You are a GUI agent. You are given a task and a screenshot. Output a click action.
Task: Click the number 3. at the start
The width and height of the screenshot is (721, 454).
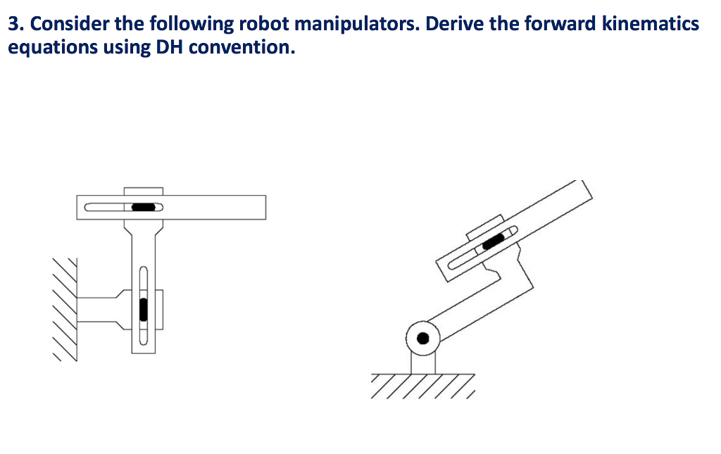point(15,25)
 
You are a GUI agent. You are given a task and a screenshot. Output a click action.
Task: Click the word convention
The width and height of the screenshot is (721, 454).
point(242,48)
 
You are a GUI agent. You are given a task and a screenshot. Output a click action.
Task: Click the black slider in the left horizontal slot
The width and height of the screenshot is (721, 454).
point(144,207)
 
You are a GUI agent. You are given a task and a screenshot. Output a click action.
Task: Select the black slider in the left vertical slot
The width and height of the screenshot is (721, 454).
point(143,309)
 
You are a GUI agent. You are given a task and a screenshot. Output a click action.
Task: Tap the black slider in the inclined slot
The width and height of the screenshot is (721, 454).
point(493,241)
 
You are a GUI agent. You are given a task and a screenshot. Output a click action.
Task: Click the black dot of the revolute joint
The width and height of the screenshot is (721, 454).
point(422,338)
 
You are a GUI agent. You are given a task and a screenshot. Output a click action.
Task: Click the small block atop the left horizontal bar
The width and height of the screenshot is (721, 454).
point(143,191)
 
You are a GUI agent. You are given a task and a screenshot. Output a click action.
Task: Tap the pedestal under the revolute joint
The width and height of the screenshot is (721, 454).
point(422,362)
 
